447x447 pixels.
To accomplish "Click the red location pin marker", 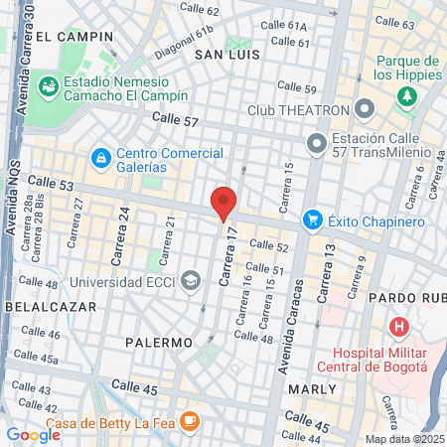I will (x=223, y=203).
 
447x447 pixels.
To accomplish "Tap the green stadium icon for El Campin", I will (x=48, y=87).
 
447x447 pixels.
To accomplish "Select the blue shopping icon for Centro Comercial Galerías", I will (x=100, y=157).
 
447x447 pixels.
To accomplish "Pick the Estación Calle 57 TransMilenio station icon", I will (x=317, y=143).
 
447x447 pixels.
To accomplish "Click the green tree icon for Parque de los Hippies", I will (x=405, y=96).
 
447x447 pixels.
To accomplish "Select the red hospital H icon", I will (x=399, y=326).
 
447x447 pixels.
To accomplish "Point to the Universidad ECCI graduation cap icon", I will (x=188, y=281).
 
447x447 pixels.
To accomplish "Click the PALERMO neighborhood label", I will (x=159, y=342).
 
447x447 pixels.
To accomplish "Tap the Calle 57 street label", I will (x=175, y=120).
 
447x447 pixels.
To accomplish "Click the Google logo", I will (x=33, y=434).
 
